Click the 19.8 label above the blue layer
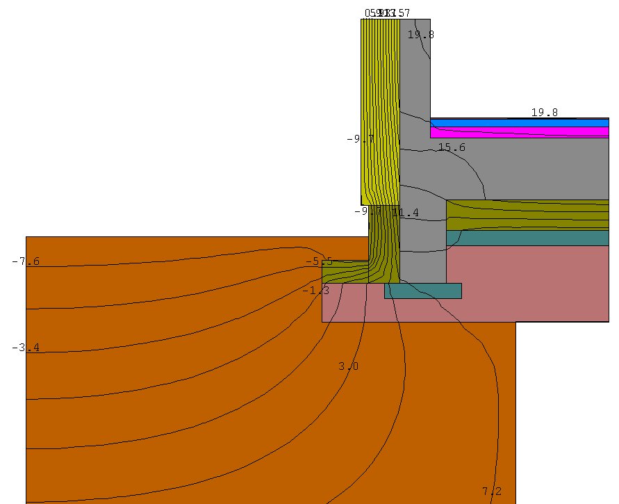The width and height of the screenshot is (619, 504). (544, 112)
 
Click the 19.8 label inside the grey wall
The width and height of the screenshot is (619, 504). (420, 34)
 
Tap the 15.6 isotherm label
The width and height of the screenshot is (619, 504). (452, 147)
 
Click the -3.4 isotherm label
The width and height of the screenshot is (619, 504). (26, 347)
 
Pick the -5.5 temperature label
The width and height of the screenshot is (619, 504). (319, 261)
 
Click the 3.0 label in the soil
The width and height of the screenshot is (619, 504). (348, 366)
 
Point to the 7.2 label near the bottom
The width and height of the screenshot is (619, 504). (491, 491)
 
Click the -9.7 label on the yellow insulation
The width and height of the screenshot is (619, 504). (360, 139)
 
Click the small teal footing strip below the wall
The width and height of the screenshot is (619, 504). (423, 291)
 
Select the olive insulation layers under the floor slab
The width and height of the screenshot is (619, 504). (528, 215)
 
